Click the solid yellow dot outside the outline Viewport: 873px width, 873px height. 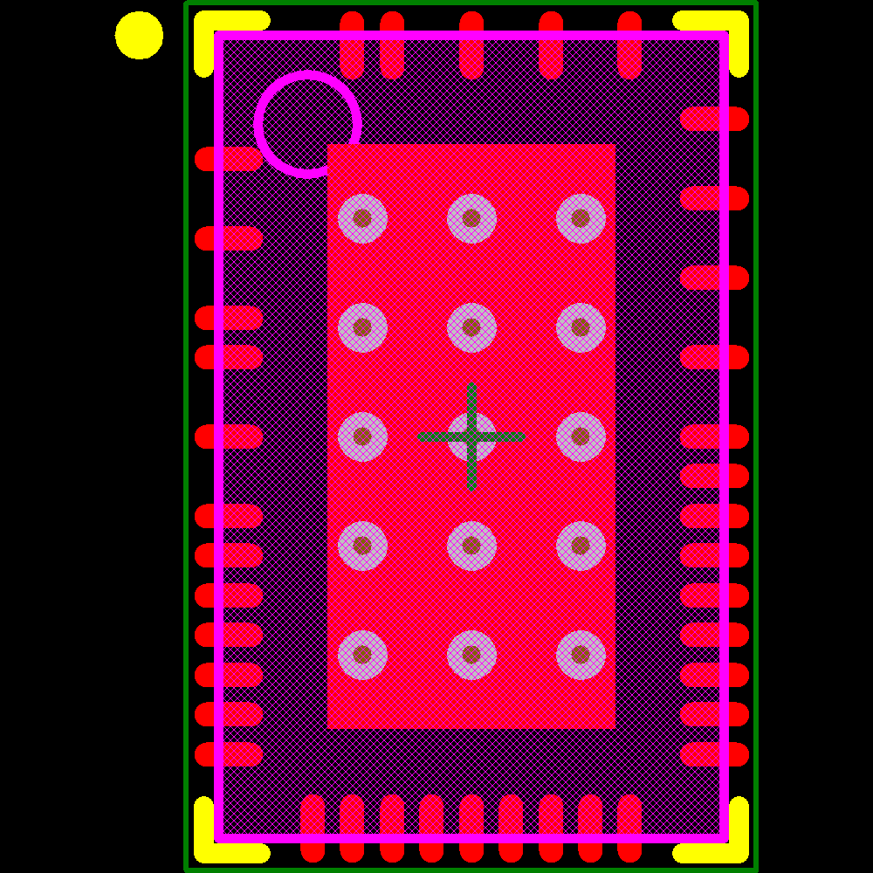(x=139, y=36)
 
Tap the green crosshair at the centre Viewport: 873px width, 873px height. (x=471, y=436)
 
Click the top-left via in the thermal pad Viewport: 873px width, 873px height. (x=362, y=218)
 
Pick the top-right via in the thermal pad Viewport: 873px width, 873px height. (x=581, y=218)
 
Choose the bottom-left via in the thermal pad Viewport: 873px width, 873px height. (x=362, y=655)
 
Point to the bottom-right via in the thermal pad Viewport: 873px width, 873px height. (x=581, y=655)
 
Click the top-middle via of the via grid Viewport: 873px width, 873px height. (x=471, y=218)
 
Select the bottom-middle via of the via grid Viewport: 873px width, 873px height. (x=471, y=655)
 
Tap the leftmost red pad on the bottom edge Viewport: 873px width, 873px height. (x=313, y=828)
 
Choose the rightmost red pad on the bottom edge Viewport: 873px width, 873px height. (x=629, y=828)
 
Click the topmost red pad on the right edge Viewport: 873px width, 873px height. (x=714, y=119)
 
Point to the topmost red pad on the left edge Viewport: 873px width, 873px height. (x=229, y=159)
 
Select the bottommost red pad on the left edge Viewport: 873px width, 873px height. (x=229, y=754)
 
